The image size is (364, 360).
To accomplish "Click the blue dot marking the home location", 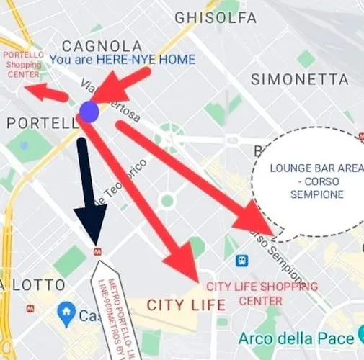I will tap(89, 112).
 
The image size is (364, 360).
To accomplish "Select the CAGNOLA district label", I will tap(102, 45).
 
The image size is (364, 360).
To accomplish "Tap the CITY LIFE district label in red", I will tap(186, 305).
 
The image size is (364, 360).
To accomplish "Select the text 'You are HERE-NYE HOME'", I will tap(123, 60).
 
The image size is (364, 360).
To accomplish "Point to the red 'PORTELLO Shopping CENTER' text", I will tap(24, 64).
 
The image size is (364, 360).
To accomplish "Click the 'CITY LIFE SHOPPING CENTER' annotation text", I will tap(262, 292).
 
